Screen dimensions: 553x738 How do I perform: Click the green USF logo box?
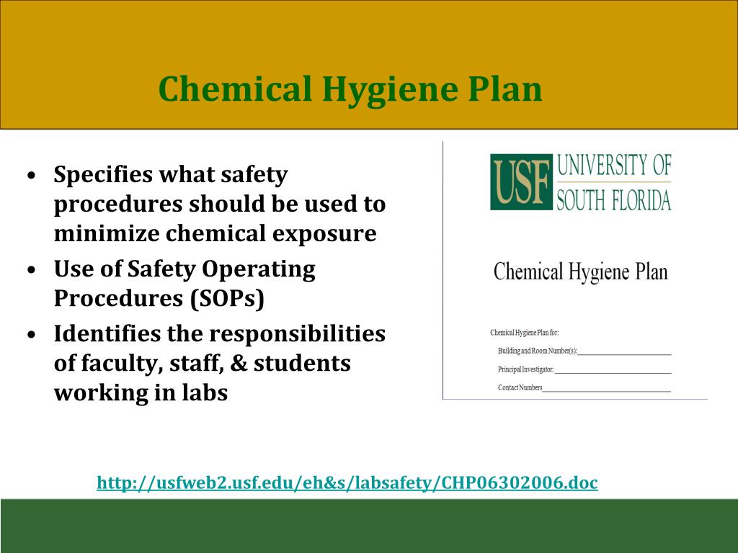click(x=521, y=181)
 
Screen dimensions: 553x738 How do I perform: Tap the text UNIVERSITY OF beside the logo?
click(x=614, y=166)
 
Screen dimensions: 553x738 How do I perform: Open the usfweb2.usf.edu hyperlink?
click(x=347, y=482)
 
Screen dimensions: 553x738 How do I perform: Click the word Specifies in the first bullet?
click(x=103, y=174)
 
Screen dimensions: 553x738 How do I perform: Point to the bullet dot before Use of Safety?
click(x=32, y=270)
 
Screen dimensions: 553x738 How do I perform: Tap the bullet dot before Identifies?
click(x=32, y=335)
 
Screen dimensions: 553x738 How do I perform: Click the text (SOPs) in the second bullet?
click(x=228, y=298)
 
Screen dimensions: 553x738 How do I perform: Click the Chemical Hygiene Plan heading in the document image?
click(x=580, y=272)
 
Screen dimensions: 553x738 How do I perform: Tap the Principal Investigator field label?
click(x=525, y=369)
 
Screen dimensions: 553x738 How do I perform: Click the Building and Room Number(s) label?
click(x=538, y=351)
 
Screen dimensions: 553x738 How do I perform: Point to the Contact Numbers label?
click(x=520, y=387)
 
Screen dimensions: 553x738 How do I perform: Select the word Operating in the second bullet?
click(x=258, y=269)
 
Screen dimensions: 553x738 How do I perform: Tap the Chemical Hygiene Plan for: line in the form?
click(x=524, y=333)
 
